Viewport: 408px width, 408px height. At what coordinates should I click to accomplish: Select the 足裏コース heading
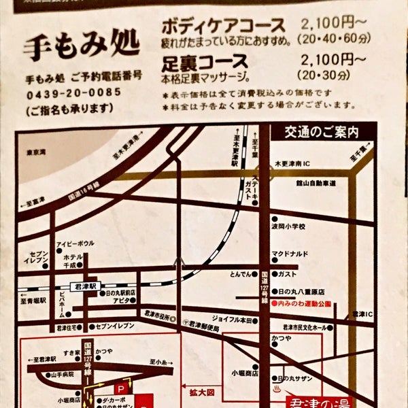point(205,65)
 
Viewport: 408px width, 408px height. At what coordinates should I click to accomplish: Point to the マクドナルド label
point(290,255)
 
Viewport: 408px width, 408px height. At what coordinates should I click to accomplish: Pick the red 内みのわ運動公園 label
point(301,304)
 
